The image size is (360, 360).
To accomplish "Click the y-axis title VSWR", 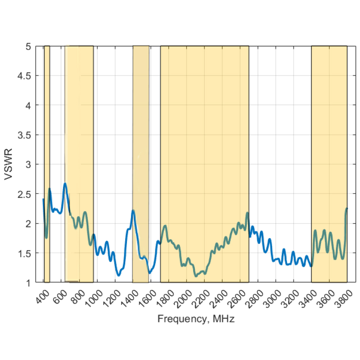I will tap(9, 164).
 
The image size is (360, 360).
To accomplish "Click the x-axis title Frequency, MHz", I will tap(196, 319).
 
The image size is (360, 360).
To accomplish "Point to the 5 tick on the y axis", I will tap(28, 46).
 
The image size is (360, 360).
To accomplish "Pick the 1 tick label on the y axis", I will tap(28, 283).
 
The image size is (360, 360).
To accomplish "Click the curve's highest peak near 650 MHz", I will tap(65, 184).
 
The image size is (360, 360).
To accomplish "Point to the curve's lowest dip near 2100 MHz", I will tap(196, 276).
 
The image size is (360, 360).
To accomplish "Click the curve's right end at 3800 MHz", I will tap(347, 208).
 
